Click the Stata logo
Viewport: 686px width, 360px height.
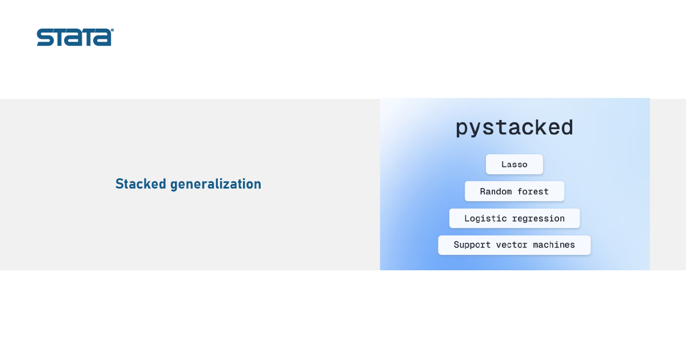click(x=75, y=37)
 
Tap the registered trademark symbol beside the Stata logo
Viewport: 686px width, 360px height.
click(x=113, y=30)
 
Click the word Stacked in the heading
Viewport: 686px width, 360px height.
click(x=141, y=184)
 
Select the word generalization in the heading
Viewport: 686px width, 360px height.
click(x=216, y=185)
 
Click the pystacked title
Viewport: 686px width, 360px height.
click(x=514, y=128)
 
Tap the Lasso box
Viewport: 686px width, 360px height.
click(x=514, y=165)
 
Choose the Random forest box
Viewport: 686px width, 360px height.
click(x=514, y=191)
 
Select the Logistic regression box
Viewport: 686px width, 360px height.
click(x=514, y=218)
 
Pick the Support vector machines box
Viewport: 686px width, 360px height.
click(x=514, y=245)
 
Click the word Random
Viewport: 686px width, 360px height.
click(x=496, y=191)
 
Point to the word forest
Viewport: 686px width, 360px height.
click(x=533, y=191)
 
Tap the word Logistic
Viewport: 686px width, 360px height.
click(x=486, y=218)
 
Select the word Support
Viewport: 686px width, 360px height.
click(x=472, y=245)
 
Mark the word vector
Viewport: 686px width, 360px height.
click(x=512, y=245)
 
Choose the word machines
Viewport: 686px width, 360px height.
click(x=554, y=245)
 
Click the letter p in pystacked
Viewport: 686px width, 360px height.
click(x=462, y=129)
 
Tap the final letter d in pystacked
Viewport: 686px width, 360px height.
click(x=567, y=127)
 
